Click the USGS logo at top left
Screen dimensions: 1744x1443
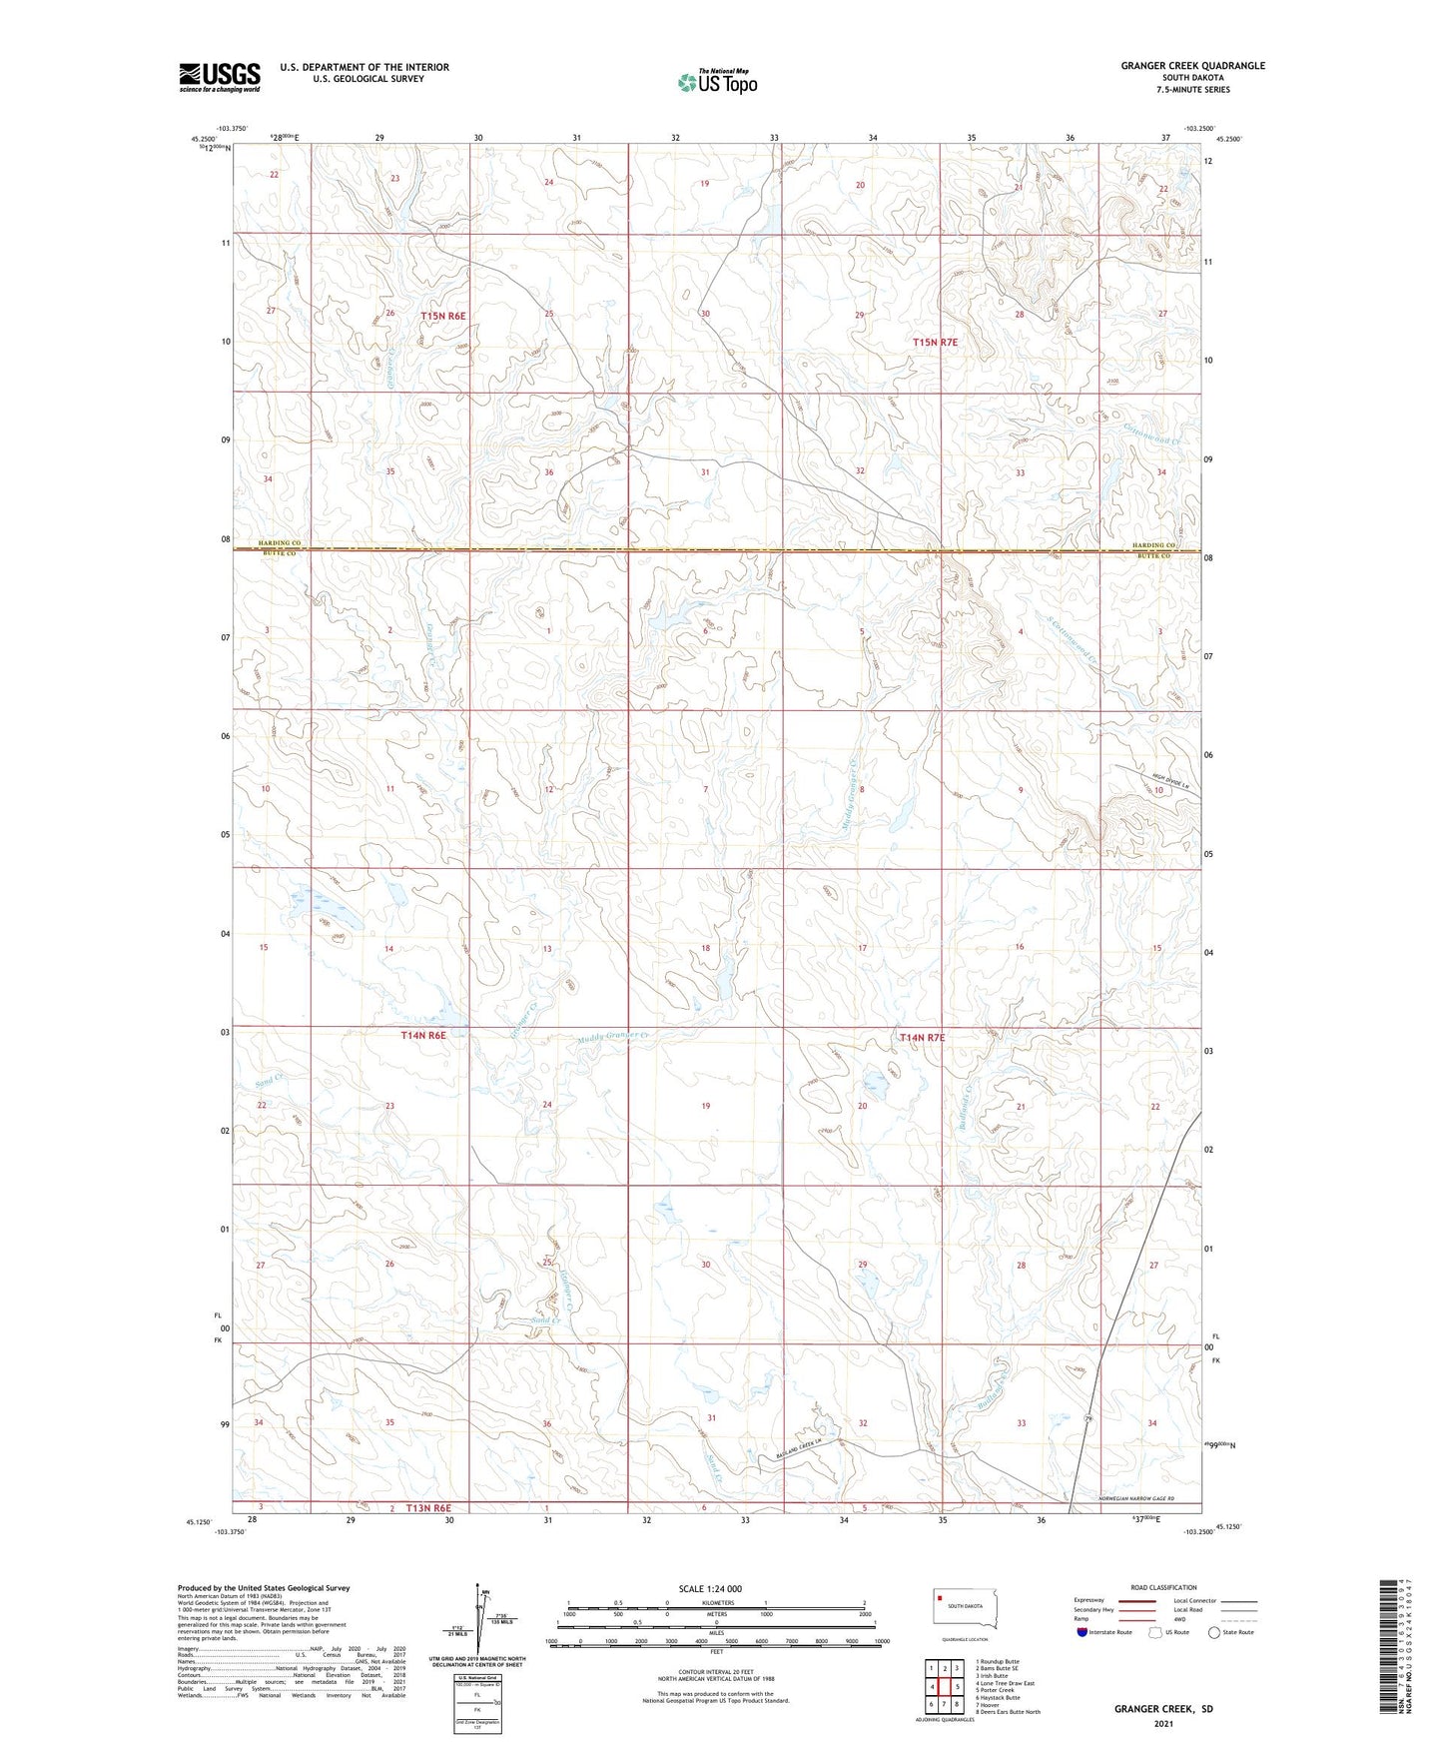pos(220,76)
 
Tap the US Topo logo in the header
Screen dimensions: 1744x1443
pos(717,82)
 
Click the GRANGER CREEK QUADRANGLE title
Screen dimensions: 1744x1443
pos(1192,66)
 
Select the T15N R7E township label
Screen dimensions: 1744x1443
pos(935,343)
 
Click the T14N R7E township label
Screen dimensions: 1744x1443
pos(922,1038)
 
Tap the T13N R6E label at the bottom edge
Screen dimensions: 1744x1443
pos(428,1507)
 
